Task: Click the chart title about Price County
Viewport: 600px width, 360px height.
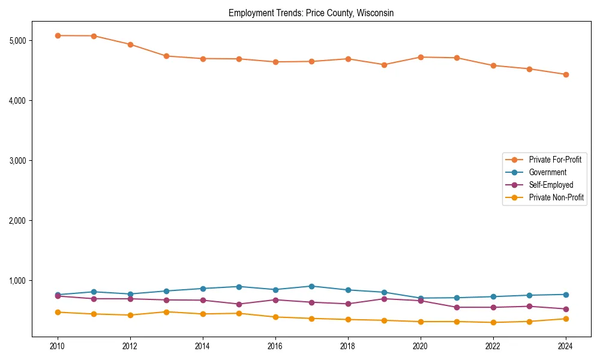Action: [x=311, y=13]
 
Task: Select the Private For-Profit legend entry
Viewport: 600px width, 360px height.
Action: [x=554, y=160]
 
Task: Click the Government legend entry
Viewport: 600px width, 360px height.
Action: [x=547, y=172]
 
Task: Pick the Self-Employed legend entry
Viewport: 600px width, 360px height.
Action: [x=551, y=185]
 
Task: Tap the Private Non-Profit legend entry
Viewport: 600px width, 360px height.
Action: [x=556, y=197]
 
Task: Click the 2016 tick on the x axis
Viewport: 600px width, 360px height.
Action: [x=275, y=346]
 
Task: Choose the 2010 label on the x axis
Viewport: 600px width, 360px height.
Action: [x=58, y=346]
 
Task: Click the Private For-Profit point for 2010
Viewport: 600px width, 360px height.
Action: [x=58, y=35]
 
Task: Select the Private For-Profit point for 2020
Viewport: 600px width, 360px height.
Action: [x=421, y=57]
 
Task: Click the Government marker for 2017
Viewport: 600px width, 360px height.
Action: [x=311, y=286]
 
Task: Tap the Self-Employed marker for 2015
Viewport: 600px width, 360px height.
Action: [x=239, y=304]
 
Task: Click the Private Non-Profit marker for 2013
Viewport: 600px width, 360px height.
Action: [x=166, y=311]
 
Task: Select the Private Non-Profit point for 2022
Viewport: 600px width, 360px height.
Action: [x=493, y=322]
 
